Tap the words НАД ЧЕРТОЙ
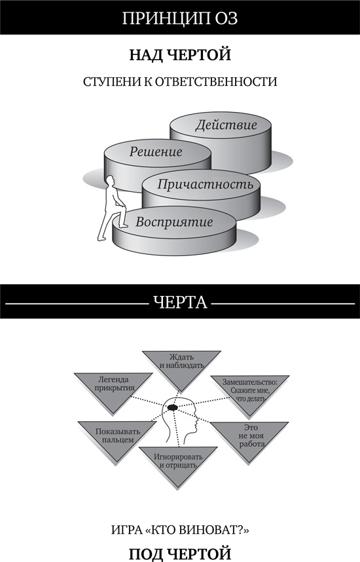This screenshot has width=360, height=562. pos(179,55)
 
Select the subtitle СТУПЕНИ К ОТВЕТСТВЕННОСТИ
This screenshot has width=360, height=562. pos(180,83)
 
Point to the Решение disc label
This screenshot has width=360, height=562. pos(156,152)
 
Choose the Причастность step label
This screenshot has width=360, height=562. pos(197,184)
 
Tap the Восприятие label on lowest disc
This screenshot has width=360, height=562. pos(174,221)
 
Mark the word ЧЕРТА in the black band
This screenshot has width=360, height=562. pos(179,302)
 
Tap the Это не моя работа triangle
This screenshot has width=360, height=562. pos(246,439)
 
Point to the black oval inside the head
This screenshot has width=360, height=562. pos(173,407)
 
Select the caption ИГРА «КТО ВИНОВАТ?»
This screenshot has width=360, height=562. pos(179,529)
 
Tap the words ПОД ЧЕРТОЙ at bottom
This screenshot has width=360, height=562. pos(179,553)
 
